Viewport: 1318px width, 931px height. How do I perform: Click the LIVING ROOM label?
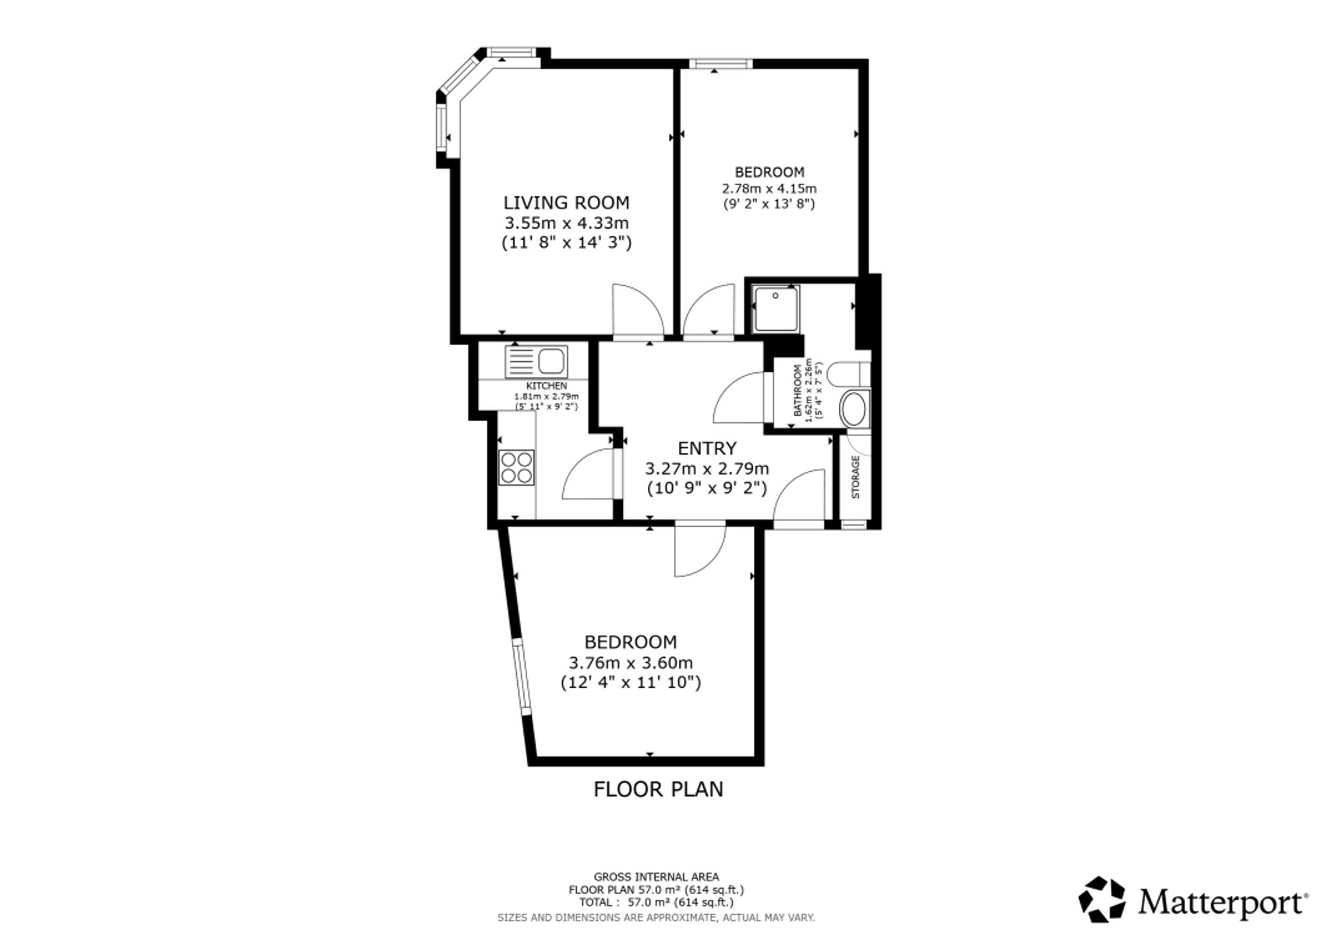click(x=567, y=202)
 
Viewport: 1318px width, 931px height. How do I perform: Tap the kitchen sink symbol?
click(x=536, y=362)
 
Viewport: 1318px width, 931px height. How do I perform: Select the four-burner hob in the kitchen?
click(x=516, y=467)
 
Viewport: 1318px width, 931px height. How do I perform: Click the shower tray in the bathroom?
click(x=776, y=308)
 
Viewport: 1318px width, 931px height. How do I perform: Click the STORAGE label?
click(x=856, y=476)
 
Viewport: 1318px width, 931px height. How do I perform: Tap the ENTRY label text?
click(x=707, y=449)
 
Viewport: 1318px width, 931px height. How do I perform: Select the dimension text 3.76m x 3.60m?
click(x=631, y=662)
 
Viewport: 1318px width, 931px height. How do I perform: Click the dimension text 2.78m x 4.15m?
click(x=770, y=188)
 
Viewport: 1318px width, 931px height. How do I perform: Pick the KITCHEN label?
click(x=546, y=385)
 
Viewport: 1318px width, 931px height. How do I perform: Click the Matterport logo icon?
click(x=1102, y=899)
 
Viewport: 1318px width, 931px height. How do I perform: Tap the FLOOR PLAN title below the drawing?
click(x=658, y=789)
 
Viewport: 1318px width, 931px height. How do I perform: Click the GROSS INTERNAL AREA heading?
click(x=656, y=877)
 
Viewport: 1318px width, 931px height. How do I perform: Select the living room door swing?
click(x=638, y=311)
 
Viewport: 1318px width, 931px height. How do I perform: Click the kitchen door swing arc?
click(x=588, y=474)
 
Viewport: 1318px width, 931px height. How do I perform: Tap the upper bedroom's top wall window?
click(x=720, y=64)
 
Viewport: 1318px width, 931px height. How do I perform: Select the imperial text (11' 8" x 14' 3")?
click(x=567, y=243)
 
